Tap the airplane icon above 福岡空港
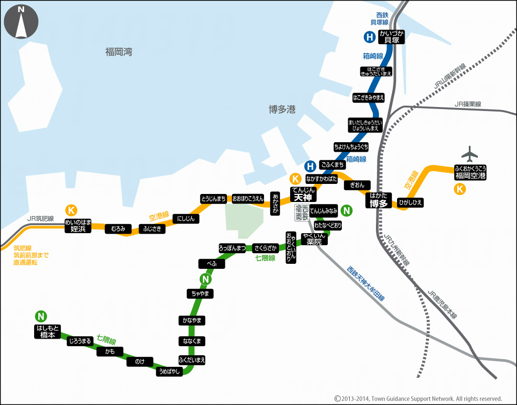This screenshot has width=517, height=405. click(x=470, y=153)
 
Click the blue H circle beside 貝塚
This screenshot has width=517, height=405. click(x=369, y=37)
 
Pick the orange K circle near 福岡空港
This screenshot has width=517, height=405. click(x=459, y=189)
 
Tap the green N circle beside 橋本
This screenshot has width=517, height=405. click(x=41, y=316)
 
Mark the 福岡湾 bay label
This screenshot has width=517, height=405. click(x=118, y=52)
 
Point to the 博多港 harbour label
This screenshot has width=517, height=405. click(x=282, y=110)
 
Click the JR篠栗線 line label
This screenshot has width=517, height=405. click(x=467, y=104)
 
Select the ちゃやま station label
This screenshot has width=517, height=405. click(x=200, y=293)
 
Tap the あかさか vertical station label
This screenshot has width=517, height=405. click(x=275, y=204)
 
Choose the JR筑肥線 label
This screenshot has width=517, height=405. click(x=41, y=219)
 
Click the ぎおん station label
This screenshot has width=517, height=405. click(x=357, y=185)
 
